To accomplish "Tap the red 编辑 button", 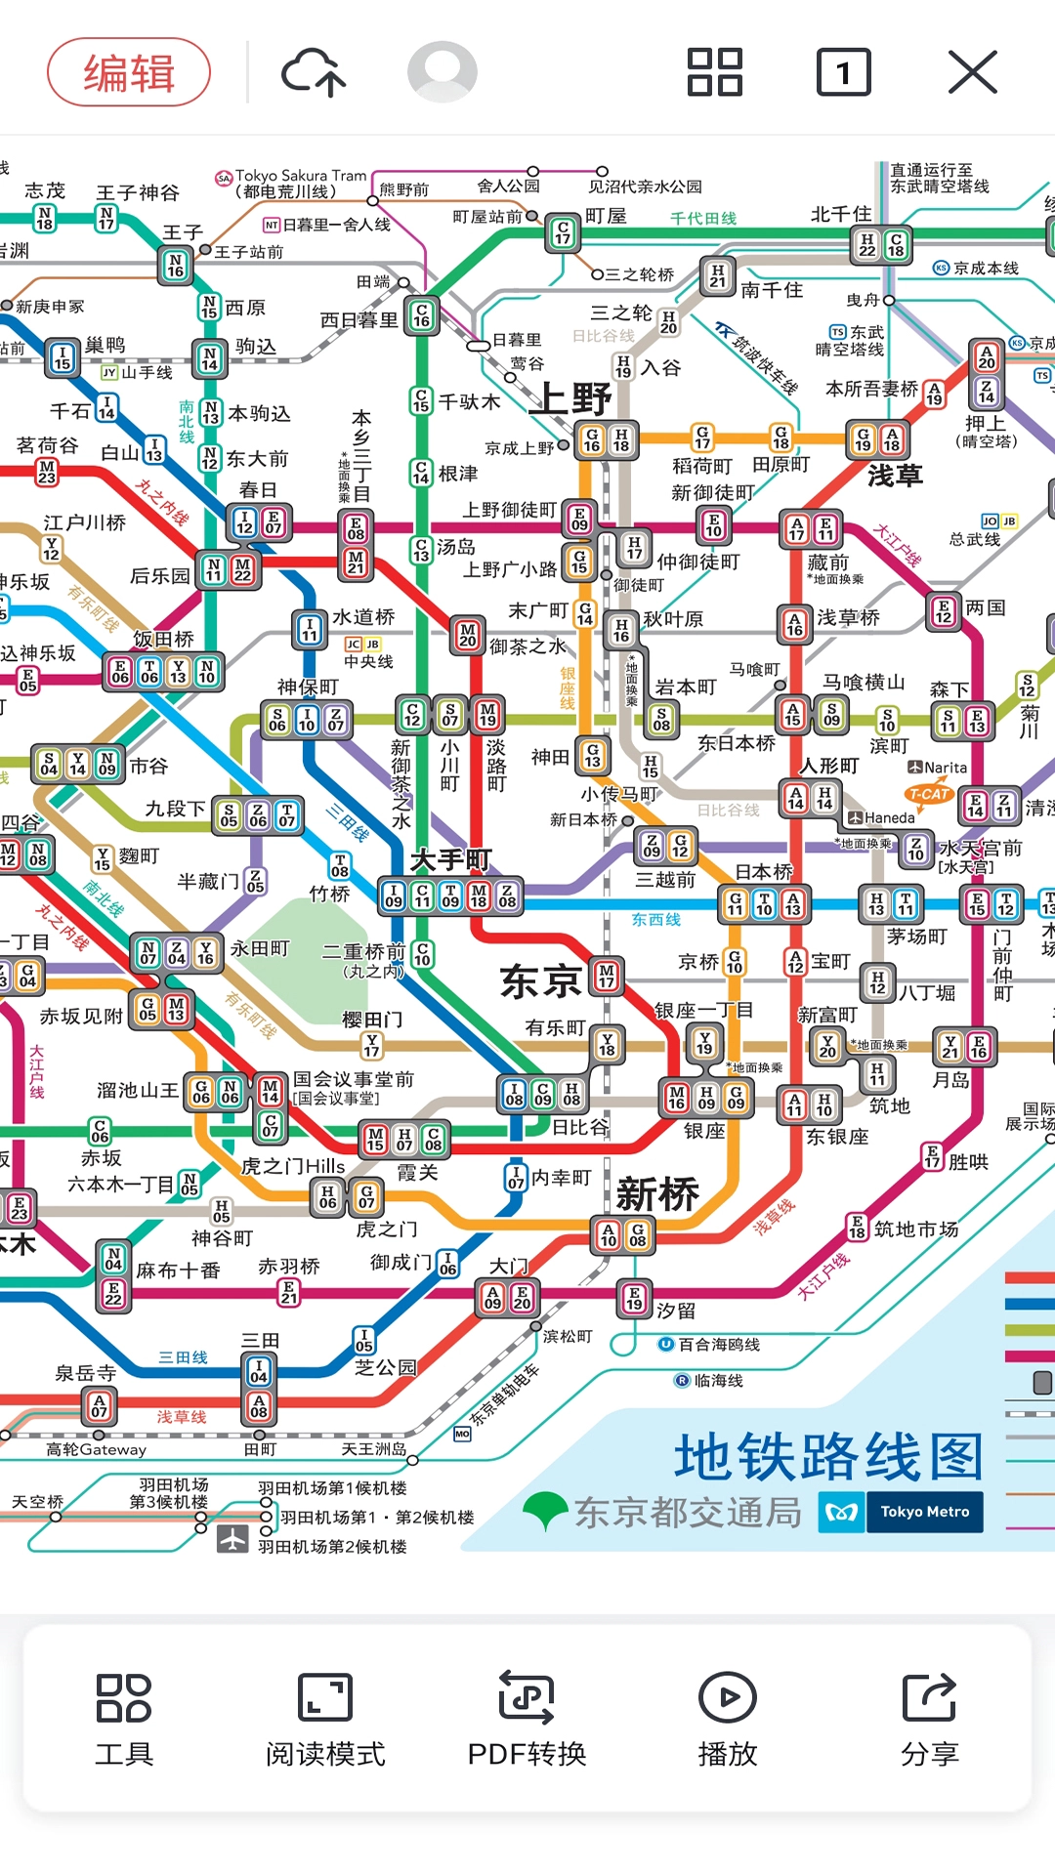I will coord(129,72).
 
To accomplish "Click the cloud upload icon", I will coord(314,72).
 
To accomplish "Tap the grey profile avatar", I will coord(443,71).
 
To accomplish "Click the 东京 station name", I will coord(540,981).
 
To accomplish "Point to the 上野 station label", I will coord(575,398).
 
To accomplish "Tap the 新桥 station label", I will coord(657,1193).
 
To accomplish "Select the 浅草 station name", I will coord(895,476).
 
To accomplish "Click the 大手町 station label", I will coord(450,859).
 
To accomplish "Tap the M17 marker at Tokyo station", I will coord(607,975).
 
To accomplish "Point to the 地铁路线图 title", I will coord(828,1457).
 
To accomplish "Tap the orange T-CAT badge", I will coord(928,794).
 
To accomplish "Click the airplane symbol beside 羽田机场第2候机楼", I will coord(232,1538).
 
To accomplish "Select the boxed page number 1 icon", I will coord(843,72).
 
